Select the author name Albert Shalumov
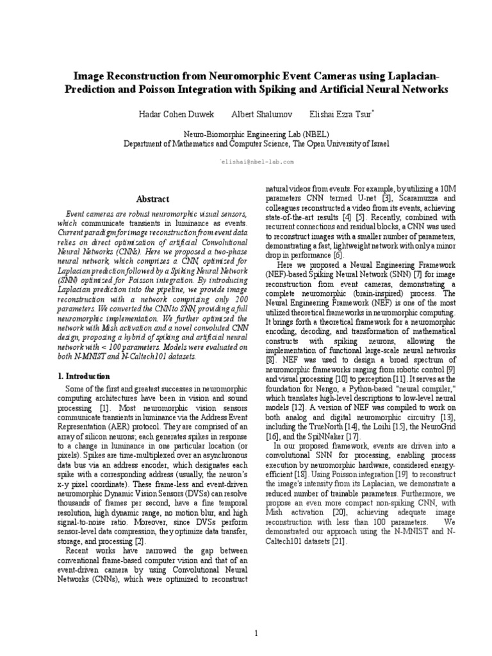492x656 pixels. (252, 113)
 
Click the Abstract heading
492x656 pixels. (156, 199)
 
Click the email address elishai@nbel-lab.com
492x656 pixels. (258, 162)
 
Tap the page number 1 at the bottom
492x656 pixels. (256, 616)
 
